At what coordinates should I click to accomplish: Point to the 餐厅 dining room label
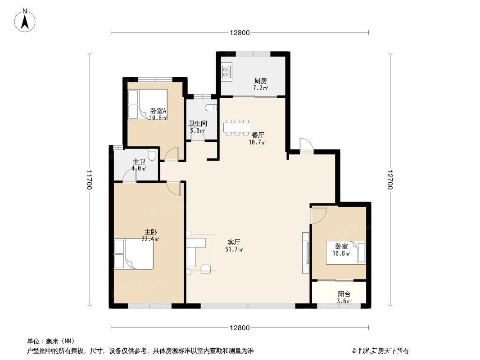coord(258,135)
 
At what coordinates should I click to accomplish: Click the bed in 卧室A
coord(147,104)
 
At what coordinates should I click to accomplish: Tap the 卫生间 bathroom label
coord(197,123)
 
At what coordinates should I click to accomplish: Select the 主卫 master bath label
coord(139,162)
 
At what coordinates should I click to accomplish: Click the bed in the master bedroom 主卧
coord(134,254)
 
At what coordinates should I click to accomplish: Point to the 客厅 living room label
coord(234,242)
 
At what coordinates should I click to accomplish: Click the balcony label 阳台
coord(344,294)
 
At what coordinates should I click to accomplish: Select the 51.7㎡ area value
coord(234,249)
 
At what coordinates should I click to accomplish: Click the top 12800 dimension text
coord(240,32)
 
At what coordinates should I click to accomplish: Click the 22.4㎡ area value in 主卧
coord(150,239)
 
